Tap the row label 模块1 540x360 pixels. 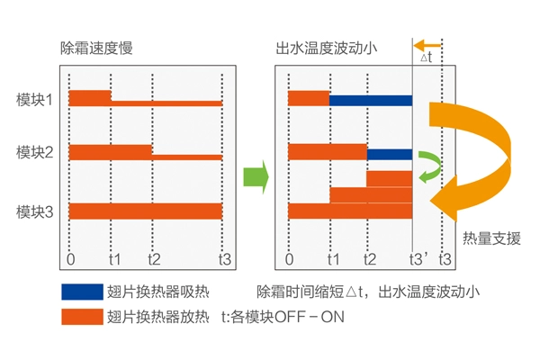tap(35, 97)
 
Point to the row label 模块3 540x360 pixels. tap(35, 211)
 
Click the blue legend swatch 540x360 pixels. tap(81, 292)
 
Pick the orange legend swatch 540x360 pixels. tap(81, 317)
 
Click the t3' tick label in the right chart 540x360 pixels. tap(416, 259)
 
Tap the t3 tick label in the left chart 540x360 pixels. tap(225, 259)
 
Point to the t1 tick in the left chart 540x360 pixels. tap(113, 259)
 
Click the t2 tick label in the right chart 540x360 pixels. tap(369, 259)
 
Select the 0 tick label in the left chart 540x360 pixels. tap(70, 259)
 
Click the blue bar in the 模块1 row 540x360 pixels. tap(371, 97)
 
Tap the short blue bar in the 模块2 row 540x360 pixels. tap(390, 154)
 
